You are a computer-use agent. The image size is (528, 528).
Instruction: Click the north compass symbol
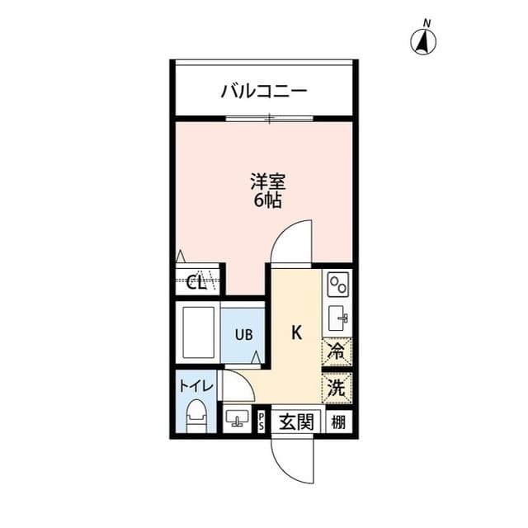point(425,40)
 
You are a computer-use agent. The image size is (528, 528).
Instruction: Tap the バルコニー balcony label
point(263,90)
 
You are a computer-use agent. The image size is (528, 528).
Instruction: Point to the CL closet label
point(197,283)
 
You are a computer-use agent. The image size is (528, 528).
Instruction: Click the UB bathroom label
point(243,334)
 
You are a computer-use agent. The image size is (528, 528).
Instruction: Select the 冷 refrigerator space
point(337,351)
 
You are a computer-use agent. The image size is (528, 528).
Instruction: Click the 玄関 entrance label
point(295,422)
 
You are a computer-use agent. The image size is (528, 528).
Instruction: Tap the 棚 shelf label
point(337,422)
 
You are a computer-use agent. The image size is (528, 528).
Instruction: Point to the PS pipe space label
point(262,422)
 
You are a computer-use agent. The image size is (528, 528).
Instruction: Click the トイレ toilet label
point(196,385)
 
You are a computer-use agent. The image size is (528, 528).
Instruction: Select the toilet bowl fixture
point(196,415)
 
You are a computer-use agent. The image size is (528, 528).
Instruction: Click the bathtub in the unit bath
point(198,332)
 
